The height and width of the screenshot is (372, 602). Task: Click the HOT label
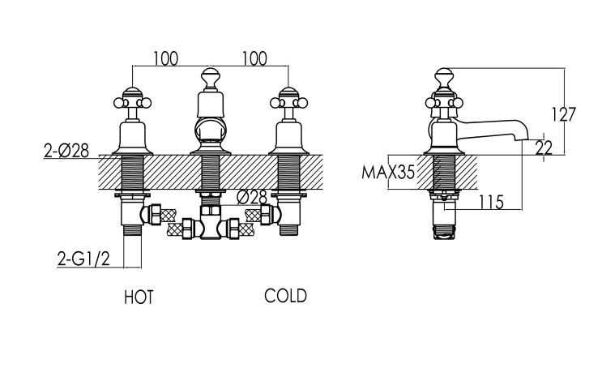[x=139, y=297]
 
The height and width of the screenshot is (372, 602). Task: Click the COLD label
[x=286, y=296]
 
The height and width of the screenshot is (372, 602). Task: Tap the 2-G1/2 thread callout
[x=83, y=259]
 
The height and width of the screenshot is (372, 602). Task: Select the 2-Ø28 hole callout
[x=66, y=151]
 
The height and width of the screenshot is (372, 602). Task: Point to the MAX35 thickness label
[x=388, y=173]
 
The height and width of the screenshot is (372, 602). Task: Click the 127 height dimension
[x=564, y=114]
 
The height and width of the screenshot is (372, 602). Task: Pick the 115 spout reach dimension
[x=491, y=202]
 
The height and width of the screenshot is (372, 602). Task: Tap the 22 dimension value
[x=544, y=148]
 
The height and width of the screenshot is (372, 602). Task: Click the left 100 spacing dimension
[x=166, y=58]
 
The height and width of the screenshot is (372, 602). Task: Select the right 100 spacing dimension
[x=254, y=58]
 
